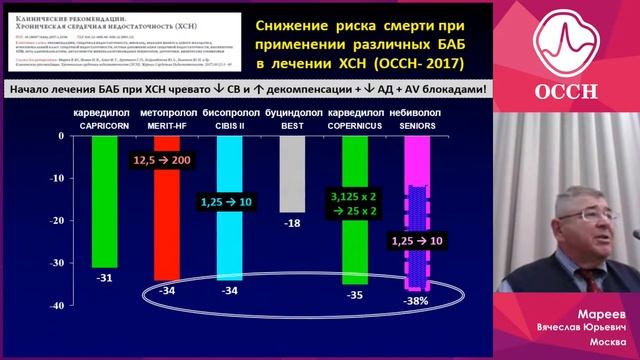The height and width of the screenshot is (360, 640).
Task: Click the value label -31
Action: (103, 278)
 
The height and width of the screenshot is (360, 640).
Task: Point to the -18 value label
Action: (292, 222)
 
